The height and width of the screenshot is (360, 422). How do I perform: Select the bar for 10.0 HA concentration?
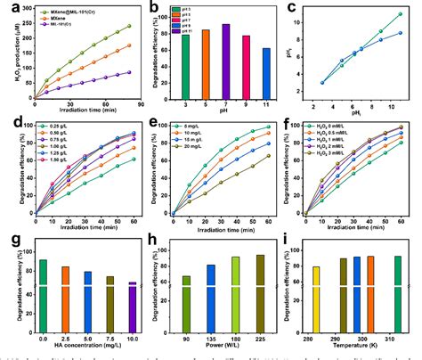pyautogui.click(x=132, y=307)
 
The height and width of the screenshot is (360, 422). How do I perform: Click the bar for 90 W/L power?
pyautogui.click(x=185, y=303)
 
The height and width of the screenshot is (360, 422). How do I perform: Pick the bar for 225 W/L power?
pyautogui.click(x=260, y=293)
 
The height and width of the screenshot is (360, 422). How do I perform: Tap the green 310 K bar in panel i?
pyautogui.click(x=396, y=293)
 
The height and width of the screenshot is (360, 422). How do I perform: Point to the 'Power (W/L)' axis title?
pyautogui.click(x=223, y=347)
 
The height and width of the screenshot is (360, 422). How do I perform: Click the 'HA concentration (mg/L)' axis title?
pyautogui.click(x=87, y=347)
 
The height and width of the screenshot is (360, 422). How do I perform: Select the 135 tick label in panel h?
pyautogui.click(x=210, y=337)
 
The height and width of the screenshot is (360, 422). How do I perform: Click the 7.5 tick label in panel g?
pyautogui.click(x=110, y=337)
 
